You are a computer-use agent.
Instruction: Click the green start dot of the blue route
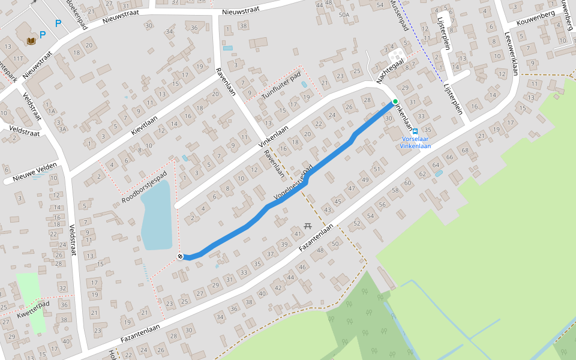tap(395, 101)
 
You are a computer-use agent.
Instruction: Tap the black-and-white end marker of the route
tap(180, 257)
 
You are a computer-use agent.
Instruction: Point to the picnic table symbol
tap(308, 225)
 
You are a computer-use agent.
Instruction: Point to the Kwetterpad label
tap(33, 309)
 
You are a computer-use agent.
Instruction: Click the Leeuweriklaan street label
tap(511, 54)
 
